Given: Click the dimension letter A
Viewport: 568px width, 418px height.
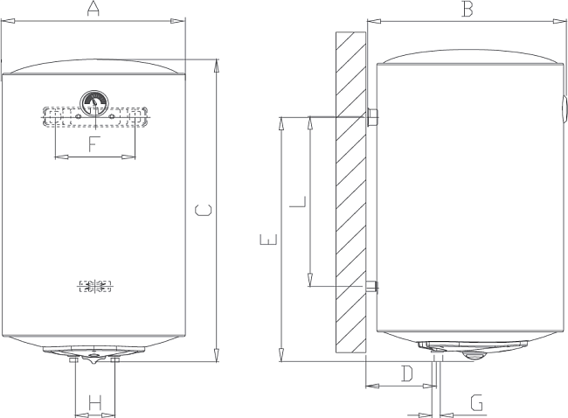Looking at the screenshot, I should (x=94, y=10).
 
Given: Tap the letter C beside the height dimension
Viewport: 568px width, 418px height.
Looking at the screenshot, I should (x=201, y=210).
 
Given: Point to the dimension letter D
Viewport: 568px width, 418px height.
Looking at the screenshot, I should (x=405, y=374).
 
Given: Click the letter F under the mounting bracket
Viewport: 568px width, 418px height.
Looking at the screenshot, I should (x=94, y=144).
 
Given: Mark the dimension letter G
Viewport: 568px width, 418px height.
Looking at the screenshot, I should (x=476, y=403).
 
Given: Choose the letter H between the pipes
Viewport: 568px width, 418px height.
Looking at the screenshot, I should (x=96, y=403).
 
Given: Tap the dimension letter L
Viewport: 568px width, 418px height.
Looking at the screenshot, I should (x=298, y=202).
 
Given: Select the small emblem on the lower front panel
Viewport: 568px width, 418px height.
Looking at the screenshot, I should (x=94, y=287).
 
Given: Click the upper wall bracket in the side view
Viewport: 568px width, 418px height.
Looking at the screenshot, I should (x=372, y=116).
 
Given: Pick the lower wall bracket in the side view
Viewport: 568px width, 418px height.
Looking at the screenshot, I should (x=372, y=286).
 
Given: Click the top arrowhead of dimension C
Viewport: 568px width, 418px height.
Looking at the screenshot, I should (x=216, y=64).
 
